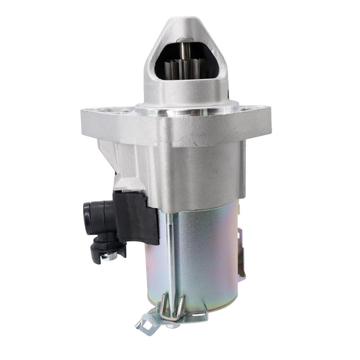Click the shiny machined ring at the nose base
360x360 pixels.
tap(186, 106)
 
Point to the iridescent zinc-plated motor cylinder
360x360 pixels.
tap(203, 257)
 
